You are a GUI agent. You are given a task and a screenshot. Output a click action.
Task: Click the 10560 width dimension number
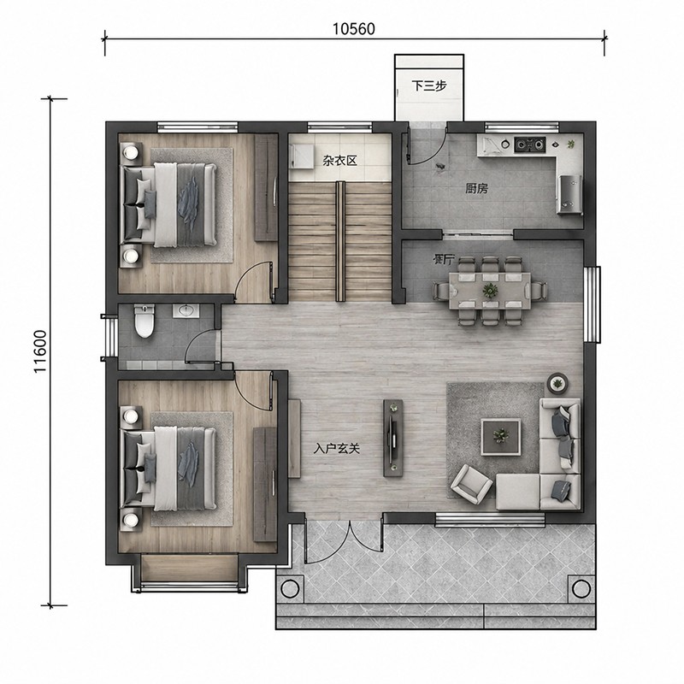click(x=354, y=29)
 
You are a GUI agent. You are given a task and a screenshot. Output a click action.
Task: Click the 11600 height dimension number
click(x=40, y=351)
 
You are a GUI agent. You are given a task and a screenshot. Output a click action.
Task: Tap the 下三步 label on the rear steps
click(x=429, y=85)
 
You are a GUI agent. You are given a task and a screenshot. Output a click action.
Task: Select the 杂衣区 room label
click(x=339, y=161)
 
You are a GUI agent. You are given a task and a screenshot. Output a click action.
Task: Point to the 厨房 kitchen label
click(x=476, y=189)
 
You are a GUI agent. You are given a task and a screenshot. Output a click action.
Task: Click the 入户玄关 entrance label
click(x=336, y=448)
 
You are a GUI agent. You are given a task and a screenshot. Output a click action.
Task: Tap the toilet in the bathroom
click(x=144, y=321)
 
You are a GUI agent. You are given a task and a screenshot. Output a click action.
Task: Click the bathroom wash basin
click(x=186, y=310)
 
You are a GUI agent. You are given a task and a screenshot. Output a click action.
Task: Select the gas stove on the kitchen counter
click(x=530, y=144)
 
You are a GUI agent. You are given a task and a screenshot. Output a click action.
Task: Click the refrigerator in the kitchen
click(x=569, y=194)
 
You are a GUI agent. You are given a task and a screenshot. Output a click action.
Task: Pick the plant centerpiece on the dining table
click(x=490, y=289)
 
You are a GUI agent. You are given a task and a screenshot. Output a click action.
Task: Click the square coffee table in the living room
click(x=501, y=437)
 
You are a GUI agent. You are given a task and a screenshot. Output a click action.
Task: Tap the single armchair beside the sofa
click(x=471, y=482)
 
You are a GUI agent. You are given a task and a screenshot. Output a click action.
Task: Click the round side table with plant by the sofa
click(x=557, y=384)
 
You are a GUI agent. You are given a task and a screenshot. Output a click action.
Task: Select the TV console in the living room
click(x=393, y=438)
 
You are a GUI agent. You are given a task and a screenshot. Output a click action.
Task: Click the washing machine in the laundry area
click(x=301, y=156)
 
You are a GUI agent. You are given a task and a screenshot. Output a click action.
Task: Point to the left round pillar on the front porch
click(x=290, y=588)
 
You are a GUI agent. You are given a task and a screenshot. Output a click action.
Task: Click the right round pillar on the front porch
click(x=581, y=588)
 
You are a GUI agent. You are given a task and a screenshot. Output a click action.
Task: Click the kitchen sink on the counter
click(x=491, y=144)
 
